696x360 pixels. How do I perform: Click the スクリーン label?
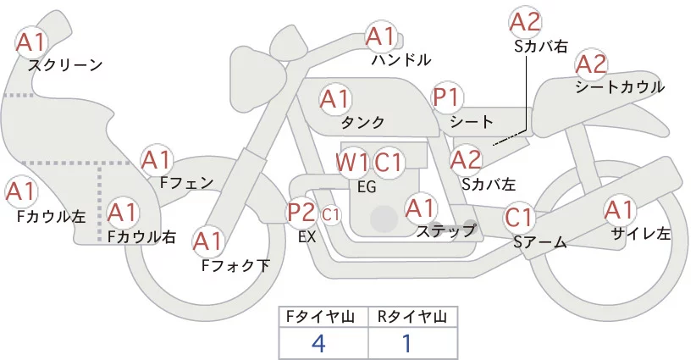pos(65,64)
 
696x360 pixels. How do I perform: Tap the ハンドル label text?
pos(401,60)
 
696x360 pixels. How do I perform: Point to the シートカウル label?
pos(619,87)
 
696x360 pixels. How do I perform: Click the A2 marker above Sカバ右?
pos(525,22)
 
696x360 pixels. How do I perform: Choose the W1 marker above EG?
pos(351,162)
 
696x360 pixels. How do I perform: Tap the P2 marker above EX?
pos(301,213)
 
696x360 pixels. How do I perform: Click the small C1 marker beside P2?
pos(331,214)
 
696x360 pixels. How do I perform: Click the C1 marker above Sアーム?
pos(519,218)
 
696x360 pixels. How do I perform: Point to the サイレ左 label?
pos(640,234)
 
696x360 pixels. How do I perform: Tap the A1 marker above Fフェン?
pos(157,158)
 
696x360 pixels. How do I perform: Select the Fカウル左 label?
pos(51,216)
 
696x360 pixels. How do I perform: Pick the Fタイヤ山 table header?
pos(323,317)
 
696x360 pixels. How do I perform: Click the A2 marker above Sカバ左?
pos(466,158)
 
